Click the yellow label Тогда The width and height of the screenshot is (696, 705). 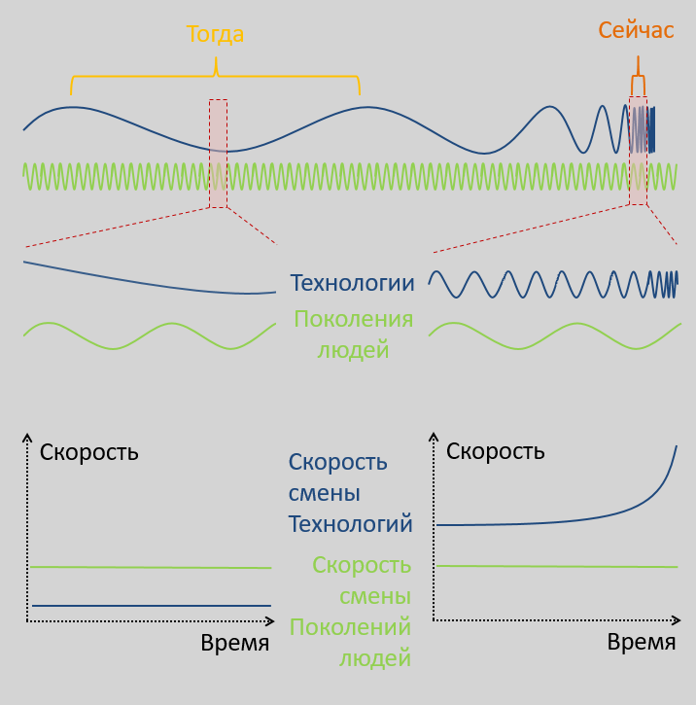tap(215, 35)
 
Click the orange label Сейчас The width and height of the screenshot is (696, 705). tap(636, 30)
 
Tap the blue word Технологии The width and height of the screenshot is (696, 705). tap(352, 283)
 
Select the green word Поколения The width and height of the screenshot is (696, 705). tap(354, 319)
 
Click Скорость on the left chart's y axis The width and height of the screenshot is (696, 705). tap(89, 453)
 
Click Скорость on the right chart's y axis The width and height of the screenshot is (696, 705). tap(495, 451)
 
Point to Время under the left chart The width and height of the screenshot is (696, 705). tap(235, 643)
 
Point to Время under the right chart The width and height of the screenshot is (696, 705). tap(642, 642)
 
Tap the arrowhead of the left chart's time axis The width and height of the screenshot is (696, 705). tap(271, 621)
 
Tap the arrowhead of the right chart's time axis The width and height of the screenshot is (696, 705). tap(678, 620)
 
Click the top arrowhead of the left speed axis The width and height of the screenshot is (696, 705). tap(27, 437)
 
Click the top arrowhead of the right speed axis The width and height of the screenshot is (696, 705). tap(434, 436)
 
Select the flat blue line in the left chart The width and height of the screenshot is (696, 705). tap(152, 606)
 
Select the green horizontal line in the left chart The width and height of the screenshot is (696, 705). tap(151, 568)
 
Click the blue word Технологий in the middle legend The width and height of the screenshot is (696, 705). tap(351, 524)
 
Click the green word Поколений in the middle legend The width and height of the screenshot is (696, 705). tap(351, 627)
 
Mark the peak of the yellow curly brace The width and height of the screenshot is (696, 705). tap(216, 57)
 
